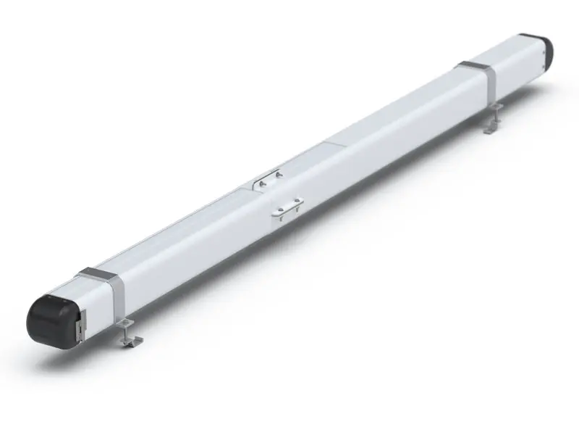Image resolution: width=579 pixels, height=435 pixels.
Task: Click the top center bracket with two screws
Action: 269,181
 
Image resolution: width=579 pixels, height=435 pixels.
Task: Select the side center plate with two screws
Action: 287,209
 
